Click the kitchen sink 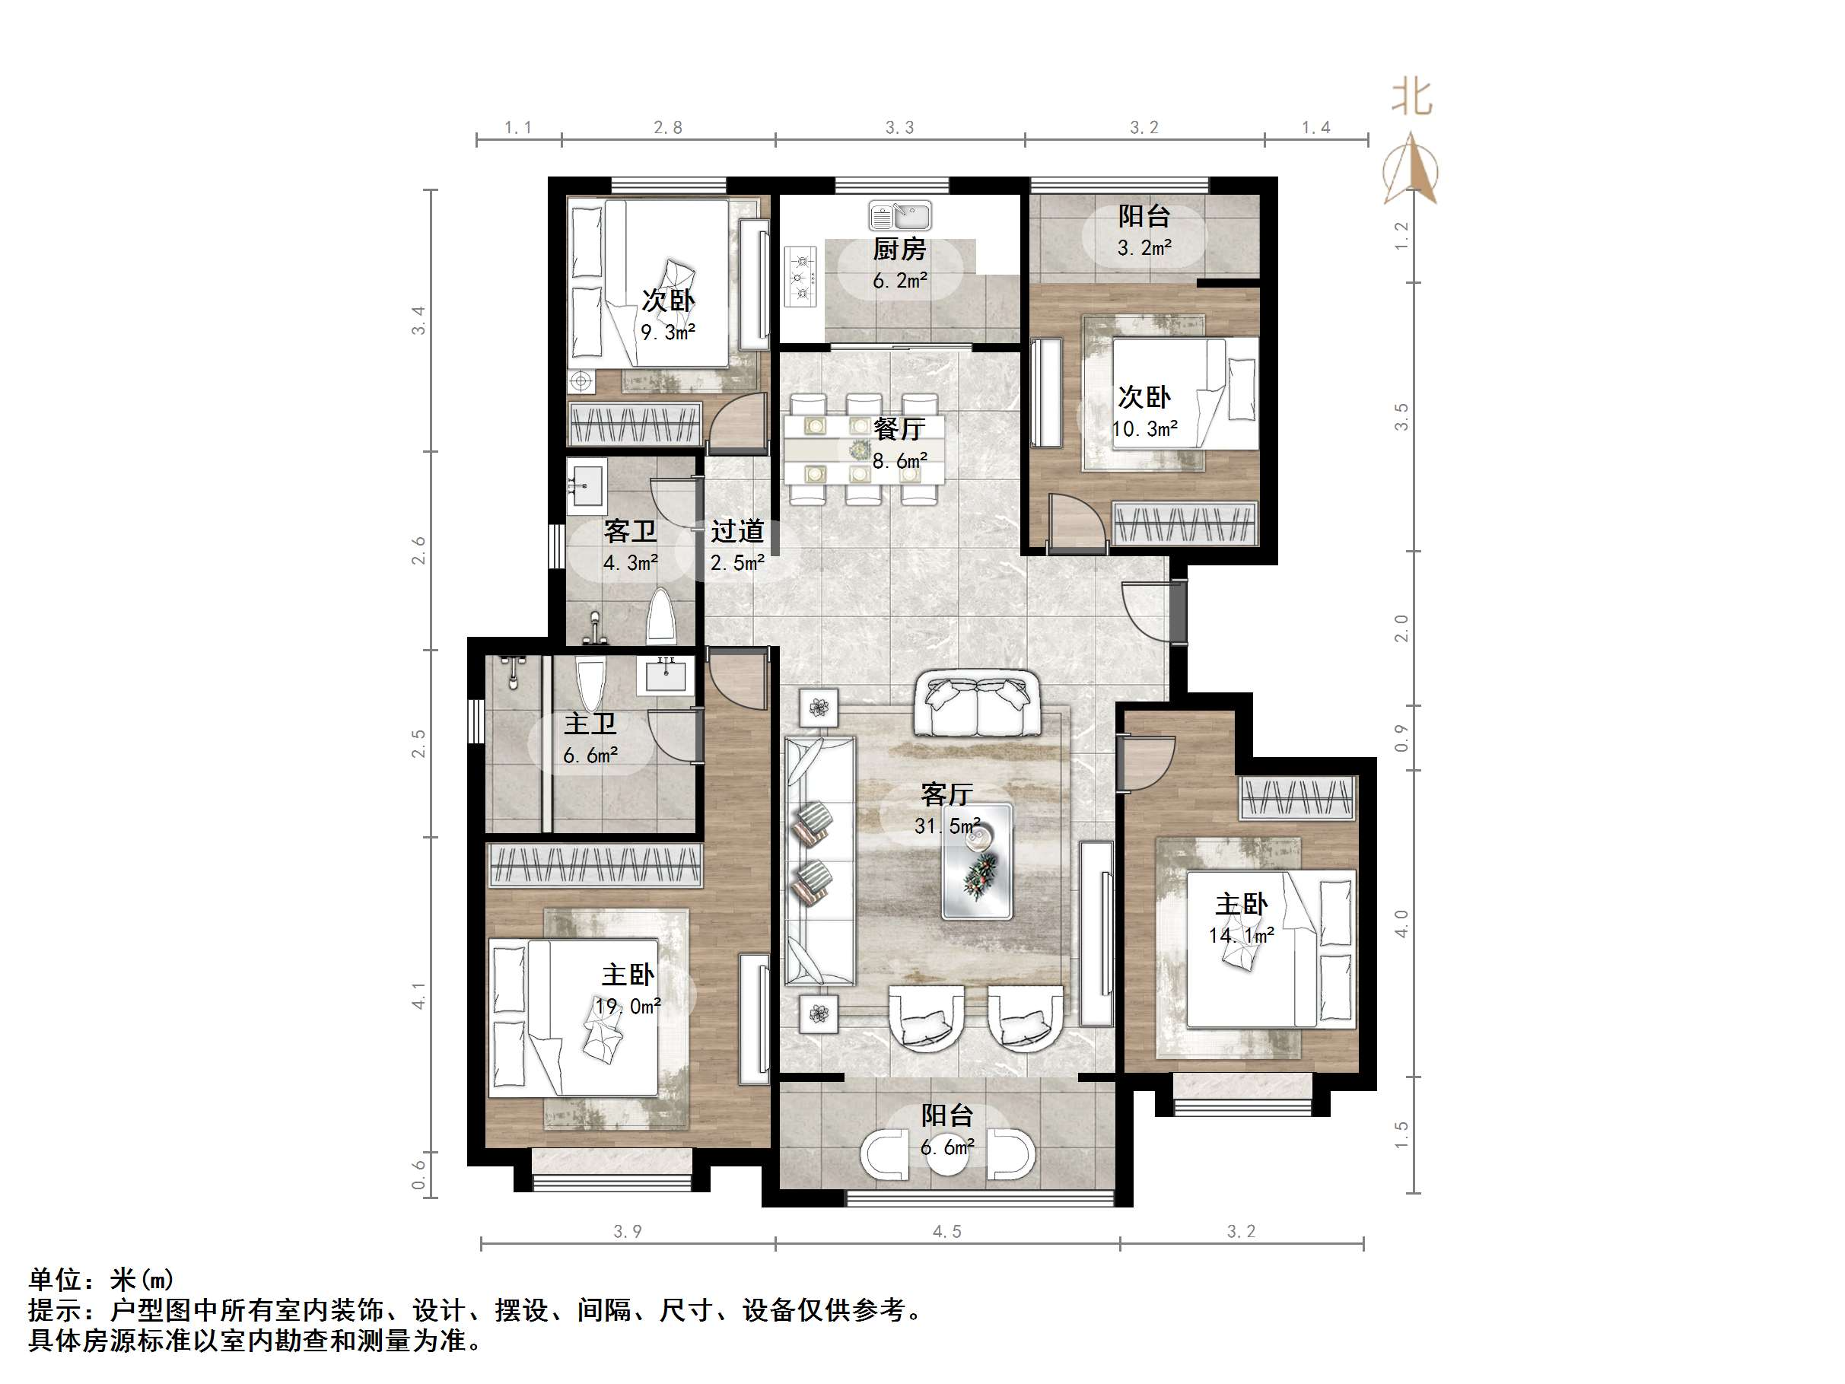coord(899,216)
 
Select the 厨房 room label coord(899,249)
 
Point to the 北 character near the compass coord(1411,98)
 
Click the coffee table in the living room coord(977,862)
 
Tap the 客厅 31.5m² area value coord(946,826)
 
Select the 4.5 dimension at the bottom coord(946,1231)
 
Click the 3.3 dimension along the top coord(899,128)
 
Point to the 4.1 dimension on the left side coord(418,995)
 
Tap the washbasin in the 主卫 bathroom coord(665,676)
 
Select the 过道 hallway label coord(737,531)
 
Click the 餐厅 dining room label coord(899,429)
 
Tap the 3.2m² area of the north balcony coord(1144,248)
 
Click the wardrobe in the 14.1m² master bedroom coord(1296,797)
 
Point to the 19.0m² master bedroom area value coord(628,1006)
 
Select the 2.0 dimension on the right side coord(1401,628)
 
